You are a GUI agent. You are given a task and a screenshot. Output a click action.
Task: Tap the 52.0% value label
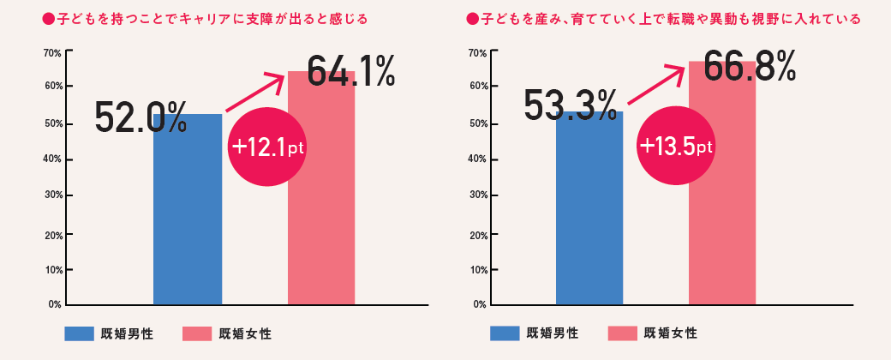click(x=141, y=117)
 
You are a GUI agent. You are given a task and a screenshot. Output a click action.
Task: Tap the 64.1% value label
click(x=350, y=70)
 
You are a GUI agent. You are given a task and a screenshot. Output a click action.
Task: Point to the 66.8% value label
click(x=750, y=64)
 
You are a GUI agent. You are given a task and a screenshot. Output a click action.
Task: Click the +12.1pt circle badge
click(x=267, y=147)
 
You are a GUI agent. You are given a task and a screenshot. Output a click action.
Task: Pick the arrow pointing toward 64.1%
click(x=254, y=93)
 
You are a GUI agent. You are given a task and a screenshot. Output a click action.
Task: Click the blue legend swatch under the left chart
click(x=85, y=333)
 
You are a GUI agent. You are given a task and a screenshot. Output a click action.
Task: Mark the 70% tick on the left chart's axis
click(x=51, y=53)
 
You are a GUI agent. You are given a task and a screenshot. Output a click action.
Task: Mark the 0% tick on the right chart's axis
click(x=480, y=304)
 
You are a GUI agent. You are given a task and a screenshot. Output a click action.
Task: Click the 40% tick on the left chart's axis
click(x=51, y=159)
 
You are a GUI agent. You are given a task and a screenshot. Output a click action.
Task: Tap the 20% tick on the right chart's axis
click(x=478, y=235)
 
